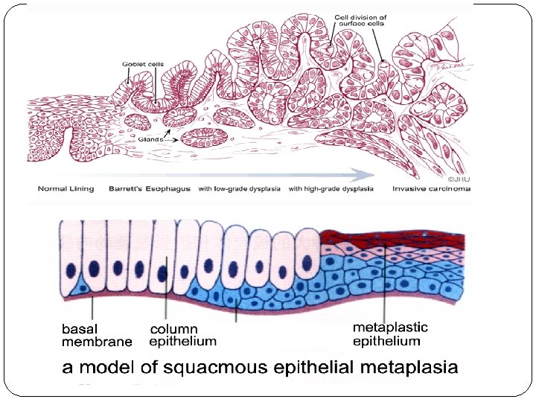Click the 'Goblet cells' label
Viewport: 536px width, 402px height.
(x=143, y=65)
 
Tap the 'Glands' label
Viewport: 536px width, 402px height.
(x=150, y=138)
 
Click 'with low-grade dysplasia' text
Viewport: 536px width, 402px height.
(x=239, y=189)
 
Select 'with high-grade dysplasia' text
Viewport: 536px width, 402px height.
(x=331, y=189)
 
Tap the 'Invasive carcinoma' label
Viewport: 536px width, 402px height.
(x=431, y=189)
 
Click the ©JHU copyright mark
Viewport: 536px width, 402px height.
(x=458, y=179)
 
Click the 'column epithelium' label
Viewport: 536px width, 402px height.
(x=182, y=335)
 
